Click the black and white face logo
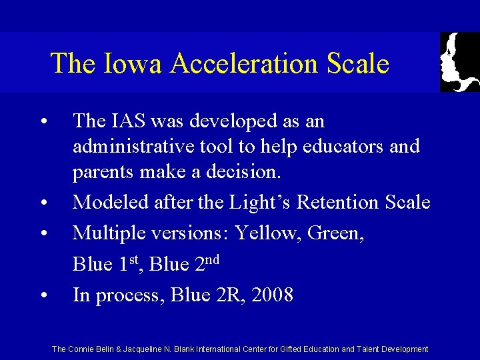459,62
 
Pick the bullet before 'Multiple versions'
43,234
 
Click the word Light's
236,201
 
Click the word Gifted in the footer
307,349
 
